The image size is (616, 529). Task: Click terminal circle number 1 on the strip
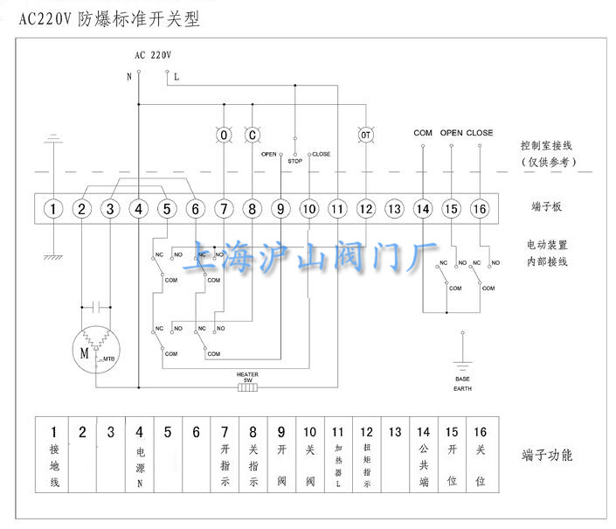[x=53, y=209]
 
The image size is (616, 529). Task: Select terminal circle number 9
[x=280, y=209]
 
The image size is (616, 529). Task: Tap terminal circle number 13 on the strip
[x=394, y=209]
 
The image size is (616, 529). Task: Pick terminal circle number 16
[x=479, y=209]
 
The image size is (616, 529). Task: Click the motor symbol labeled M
[x=85, y=352]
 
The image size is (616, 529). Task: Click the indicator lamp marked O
[x=224, y=136]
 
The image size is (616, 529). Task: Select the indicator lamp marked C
[x=252, y=136]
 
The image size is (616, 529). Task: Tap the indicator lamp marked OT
[x=365, y=136]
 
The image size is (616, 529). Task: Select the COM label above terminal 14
[x=423, y=133]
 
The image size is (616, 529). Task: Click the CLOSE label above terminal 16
[x=480, y=133]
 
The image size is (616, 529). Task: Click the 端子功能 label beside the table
[x=547, y=456]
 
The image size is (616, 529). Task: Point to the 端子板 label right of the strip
[x=547, y=207]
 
